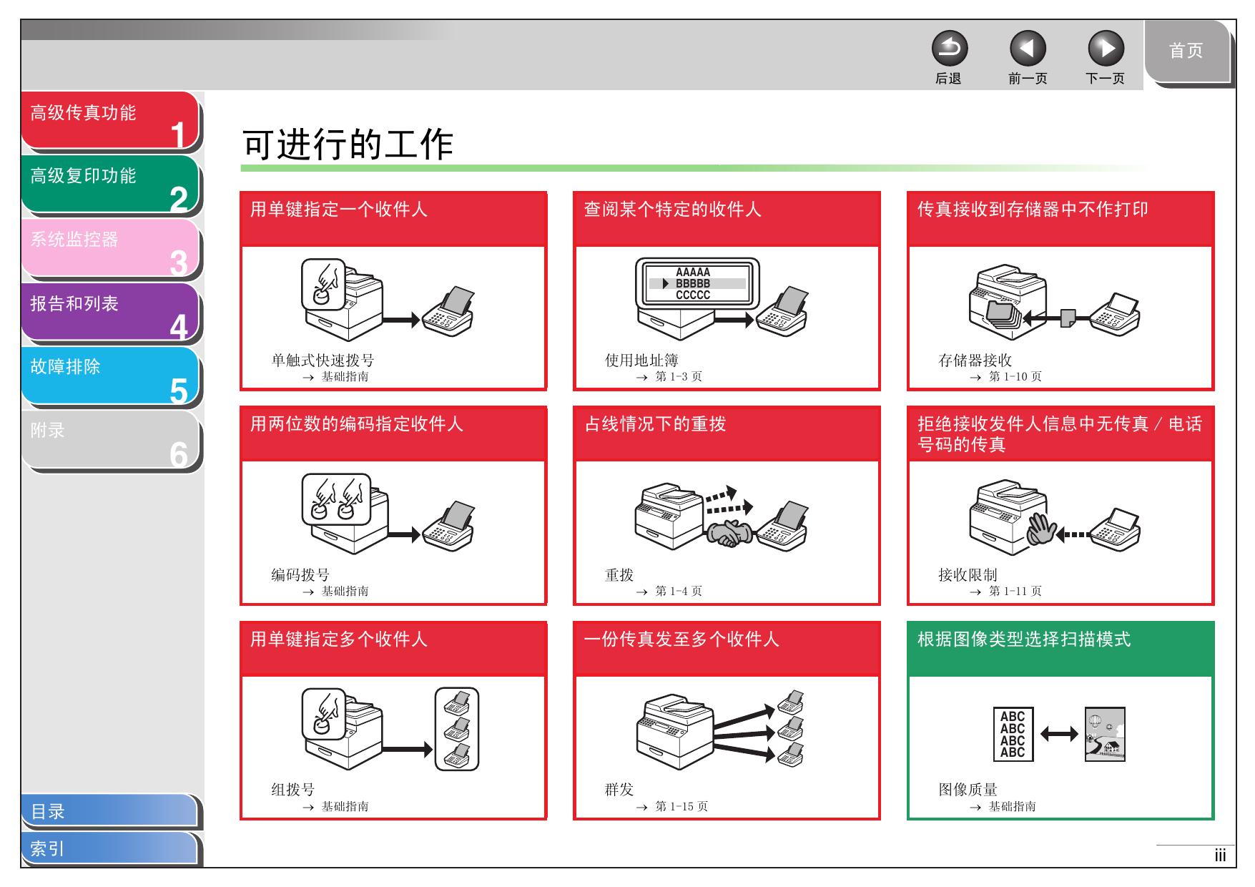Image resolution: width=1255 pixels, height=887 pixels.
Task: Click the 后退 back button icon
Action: tap(949, 49)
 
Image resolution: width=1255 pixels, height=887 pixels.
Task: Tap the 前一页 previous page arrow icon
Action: tap(1028, 49)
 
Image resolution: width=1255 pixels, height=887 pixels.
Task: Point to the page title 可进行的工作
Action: tap(348, 144)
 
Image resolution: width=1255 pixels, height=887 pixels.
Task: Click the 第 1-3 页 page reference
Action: tap(679, 376)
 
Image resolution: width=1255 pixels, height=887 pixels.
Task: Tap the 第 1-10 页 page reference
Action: tap(1015, 376)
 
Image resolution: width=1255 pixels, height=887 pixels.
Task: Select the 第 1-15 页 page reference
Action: tap(681, 806)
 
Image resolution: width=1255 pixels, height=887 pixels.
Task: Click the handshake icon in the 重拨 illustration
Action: tap(730, 533)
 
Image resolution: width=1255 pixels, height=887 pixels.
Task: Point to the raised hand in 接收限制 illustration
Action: tap(1041, 532)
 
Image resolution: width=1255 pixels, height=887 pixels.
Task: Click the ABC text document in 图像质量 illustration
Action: tap(1013, 735)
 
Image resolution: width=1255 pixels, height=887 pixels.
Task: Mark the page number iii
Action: tap(1220, 856)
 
